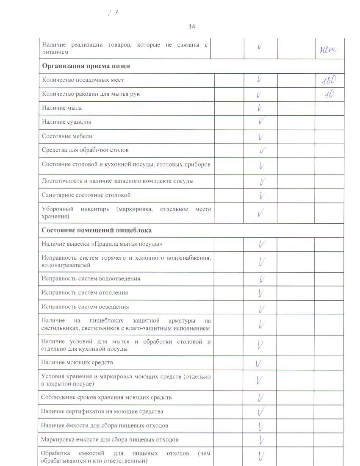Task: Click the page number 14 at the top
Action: coord(192,27)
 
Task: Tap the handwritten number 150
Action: coord(329,80)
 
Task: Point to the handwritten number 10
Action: coord(329,94)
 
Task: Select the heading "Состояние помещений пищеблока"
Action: coord(97,230)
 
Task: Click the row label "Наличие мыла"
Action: coord(62,108)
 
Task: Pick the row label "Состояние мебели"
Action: coord(67,136)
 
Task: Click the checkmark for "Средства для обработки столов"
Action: coord(263,150)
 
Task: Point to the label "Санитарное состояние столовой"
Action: coord(86,195)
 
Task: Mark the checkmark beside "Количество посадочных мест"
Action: coord(259,80)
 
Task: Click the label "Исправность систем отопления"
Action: coord(85,293)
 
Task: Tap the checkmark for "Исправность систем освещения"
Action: coord(262,308)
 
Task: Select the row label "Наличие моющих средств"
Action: coord(77,363)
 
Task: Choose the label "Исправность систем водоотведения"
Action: coord(91,279)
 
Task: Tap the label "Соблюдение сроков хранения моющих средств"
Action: coord(106,397)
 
